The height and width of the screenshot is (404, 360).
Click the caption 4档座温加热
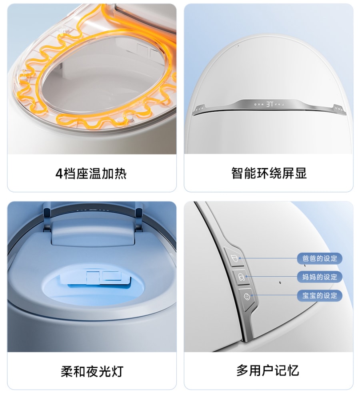tap(91, 173)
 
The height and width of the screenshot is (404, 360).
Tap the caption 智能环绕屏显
tap(269, 173)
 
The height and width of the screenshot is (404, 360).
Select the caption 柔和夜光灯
tap(92, 371)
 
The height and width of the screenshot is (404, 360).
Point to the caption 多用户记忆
tap(268, 370)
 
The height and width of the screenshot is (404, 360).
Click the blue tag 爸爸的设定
tap(320, 258)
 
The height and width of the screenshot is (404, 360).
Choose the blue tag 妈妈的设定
tap(320, 277)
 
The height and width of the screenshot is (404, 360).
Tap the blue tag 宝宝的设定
tap(320, 295)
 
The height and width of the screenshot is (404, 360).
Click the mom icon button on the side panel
tap(241, 277)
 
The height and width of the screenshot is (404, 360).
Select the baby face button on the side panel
tap(247, 297)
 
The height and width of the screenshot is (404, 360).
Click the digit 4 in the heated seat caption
tap(59, 174)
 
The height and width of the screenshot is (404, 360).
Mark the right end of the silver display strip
tap(345, 113)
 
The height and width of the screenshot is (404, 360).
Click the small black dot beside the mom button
tap(280, 282)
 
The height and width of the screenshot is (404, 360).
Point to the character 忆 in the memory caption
tap(293, 370)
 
